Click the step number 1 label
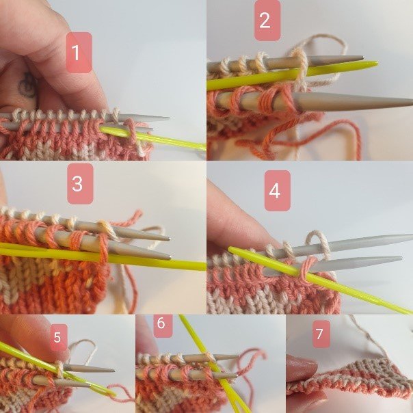(79, 52)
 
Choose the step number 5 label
(58, 336)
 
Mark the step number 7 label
(319, 336)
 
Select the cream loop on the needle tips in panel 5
(61, 370)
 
